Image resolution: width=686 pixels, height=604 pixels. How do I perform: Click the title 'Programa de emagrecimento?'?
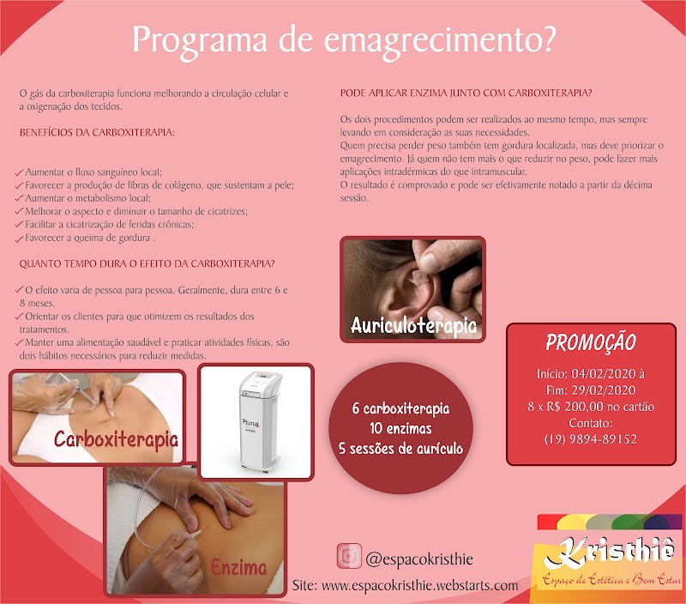pyautogui.click(x=343, y=39)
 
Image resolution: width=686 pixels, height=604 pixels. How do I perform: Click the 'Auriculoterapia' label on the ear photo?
pyautogui.click(x=413, y=325)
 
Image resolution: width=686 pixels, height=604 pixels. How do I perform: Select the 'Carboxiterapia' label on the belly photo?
pyautogui.click(x=116, y=440)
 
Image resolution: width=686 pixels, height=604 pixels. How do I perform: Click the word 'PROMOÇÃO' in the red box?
pyautogui.click(x=591, y=342)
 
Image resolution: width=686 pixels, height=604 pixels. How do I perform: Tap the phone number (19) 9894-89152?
pyautogui.click(x=591, y=439)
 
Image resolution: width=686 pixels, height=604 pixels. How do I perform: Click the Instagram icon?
pyautogui.click(x=349, y=557)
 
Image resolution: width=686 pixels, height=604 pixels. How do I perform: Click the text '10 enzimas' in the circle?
pyautogui.click(x=391, y=427)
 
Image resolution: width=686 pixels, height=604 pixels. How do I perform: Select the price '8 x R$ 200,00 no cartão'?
pyautogui.click(x=591, y=408)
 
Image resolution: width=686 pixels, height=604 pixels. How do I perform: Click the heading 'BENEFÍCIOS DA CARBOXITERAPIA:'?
pyautogui.click(x=97, y=133)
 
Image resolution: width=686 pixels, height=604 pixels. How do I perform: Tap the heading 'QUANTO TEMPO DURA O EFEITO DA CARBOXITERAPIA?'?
pyautogui.click(x=147, y=263)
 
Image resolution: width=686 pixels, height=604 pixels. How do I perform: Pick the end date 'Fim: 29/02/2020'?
pyautogui.click(x=591, y=391)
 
